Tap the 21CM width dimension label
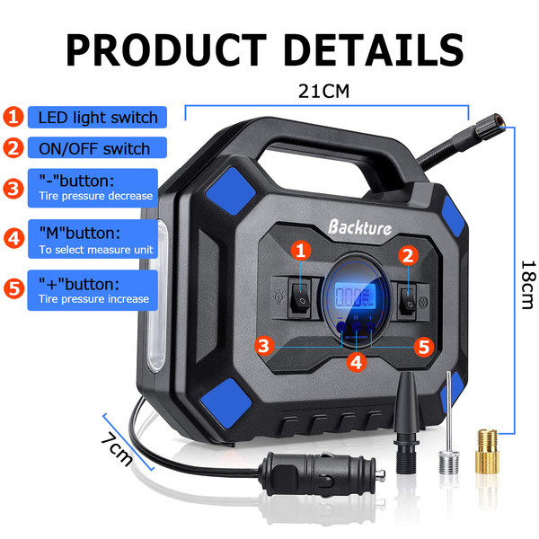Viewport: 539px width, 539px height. coord(323,91)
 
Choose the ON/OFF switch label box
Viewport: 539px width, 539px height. coord(88,148)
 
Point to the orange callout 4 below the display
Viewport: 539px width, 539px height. coord(357,363)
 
